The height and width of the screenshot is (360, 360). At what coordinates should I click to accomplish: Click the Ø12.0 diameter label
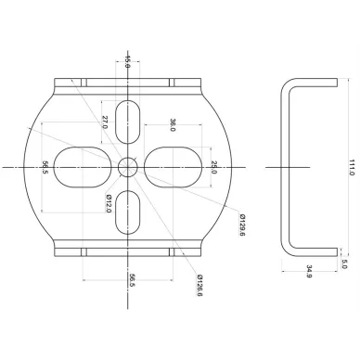(109, 203)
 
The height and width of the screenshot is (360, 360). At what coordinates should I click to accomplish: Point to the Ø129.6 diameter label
(242, 225)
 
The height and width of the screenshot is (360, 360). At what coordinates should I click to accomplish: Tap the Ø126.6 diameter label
(199, 285)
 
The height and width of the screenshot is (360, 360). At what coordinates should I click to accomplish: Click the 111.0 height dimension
(352, 167)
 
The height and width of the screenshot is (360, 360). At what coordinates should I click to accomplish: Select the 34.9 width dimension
(309, 271)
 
